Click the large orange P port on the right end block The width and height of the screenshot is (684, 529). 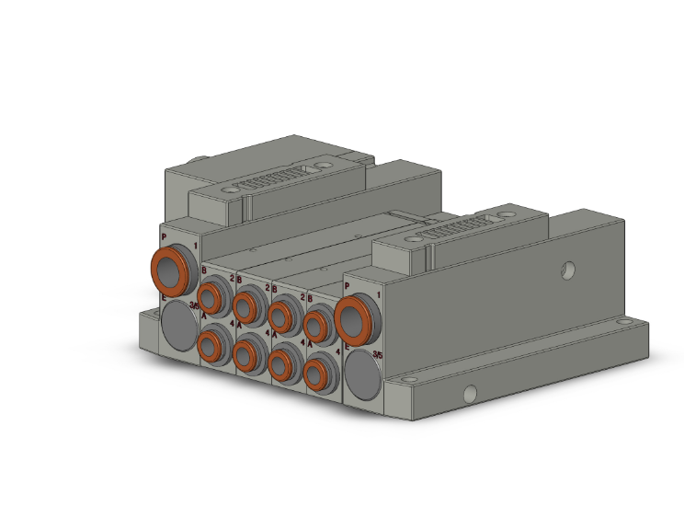pyautogui.click(x=355, y=318)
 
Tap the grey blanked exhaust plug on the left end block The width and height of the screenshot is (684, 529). pyautogui.click(x=177, y=325)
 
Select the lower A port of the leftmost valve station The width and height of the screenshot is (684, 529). pyautogui.click(x=212, y=346)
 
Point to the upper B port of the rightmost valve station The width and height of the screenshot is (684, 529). pyautogui.click(x=317, y=325)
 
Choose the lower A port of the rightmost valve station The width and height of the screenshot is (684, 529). pyautogui.click(x=317, y=374)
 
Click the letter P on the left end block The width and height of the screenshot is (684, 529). pyautogui.click(x=164, y=237)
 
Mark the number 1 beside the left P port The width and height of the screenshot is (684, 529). pyautogui.click(x=195, y=247)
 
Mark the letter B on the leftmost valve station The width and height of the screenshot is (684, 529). pyautogui.click(x=204, y=269)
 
